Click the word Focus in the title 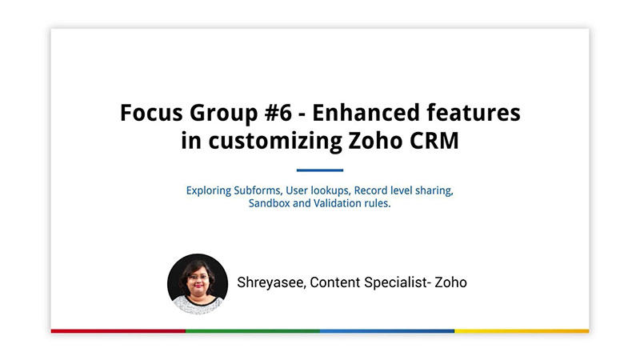(x=151, y=113)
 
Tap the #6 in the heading (x=278, y=113)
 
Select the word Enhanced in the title (x=366, y=113)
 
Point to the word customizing (x=275, y=142)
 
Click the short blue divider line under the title (x=320, y=170)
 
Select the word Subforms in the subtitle (x=258, y=190)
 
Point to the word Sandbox (x=269, y=203)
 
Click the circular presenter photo (x=198, y=284)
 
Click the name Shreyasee (x=271, y=282)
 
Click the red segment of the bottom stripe (x=118, y=331)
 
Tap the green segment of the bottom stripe (x=253, y=331)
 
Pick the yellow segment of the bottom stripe (x=522, y=331)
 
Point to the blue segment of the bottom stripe (x=387, y=331)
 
